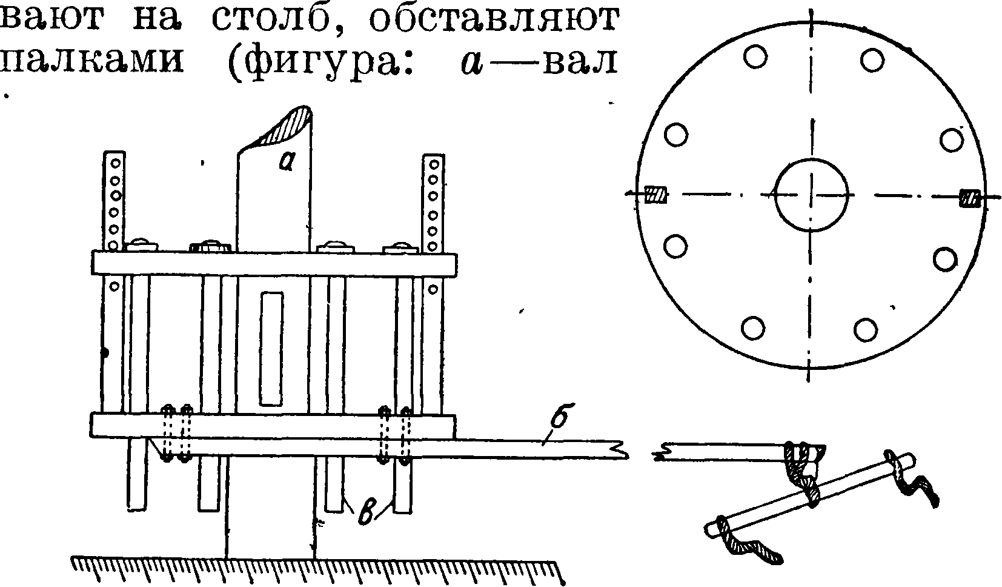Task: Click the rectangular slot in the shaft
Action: coord(271,349)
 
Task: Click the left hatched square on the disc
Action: coord(655,195)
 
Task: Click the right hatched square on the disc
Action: coord(969,198)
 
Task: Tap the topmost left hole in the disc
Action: coord(755,58)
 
